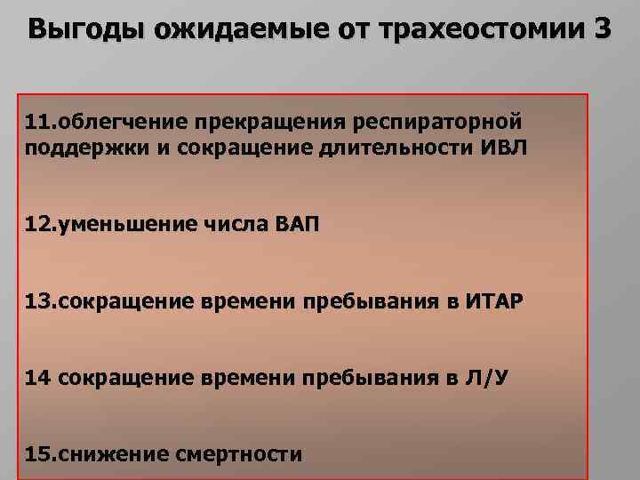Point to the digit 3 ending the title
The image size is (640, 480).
(601, 29)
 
